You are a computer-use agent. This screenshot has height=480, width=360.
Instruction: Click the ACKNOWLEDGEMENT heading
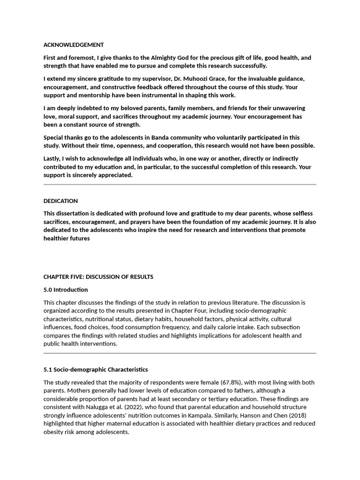[x=74, y=45]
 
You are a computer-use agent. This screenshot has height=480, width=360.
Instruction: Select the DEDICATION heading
[x=60, y=201]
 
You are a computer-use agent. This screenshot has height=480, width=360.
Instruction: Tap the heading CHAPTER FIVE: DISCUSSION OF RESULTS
[x=98, y=277]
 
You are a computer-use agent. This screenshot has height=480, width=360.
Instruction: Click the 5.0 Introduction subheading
[x=65, y=290]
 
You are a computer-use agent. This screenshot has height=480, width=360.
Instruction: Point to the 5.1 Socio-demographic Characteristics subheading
[x=95, y=370]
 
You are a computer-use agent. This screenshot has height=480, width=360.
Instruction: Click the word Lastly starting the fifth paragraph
[x=53, y=158]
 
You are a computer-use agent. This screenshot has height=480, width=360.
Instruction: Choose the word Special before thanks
[x=54, y=137]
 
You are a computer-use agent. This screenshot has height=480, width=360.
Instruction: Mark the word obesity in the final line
[x=53, y=432]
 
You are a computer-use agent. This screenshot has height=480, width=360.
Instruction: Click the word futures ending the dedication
[x=80, y=239]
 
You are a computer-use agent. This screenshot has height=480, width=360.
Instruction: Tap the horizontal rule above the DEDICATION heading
[x=180, y=185]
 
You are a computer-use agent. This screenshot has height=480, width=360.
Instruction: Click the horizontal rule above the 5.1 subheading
[x=180, y=353]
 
